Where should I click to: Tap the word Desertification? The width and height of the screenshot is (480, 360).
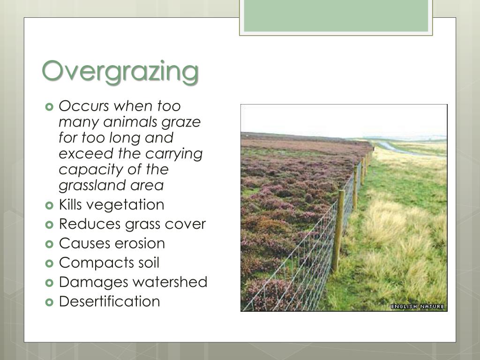pyautogui.click(x=109, y=301)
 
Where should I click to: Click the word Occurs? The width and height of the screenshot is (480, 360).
pyautogui.click(x=86, y=106)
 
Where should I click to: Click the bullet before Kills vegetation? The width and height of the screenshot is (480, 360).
pyautogui.click(x=50, y=205)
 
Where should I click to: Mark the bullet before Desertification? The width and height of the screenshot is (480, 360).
pyautogui.click(x=50, y=301)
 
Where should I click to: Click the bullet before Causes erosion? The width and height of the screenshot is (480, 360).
pyautogui.click(x=50, y=244)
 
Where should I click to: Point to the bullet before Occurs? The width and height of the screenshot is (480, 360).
pyautogui.click(x=50, y=106)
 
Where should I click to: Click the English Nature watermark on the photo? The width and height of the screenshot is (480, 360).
pyautogui.click(x=417, y=307)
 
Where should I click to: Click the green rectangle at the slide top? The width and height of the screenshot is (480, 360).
pyautogui.click(x=336, y=15)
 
